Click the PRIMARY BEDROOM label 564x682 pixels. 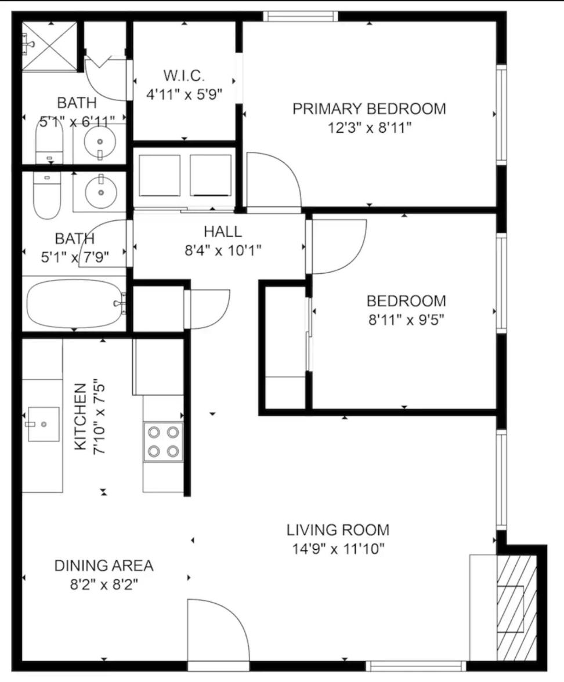pyautogui.click(x=369, y=109)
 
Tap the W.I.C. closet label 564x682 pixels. pyautogui.click(x=184, y=75)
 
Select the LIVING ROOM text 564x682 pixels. pyautogui.click(x=338, y=530)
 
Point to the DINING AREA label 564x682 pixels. pyautogui.click(x=104, y=565)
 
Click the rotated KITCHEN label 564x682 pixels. pyautogui.click(x=81, y=416)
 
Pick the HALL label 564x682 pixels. pyautogui.click(x=223, y=231)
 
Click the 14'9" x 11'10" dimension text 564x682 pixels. pyautogui.click(x=338, y=549)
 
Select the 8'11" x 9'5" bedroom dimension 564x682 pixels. pyautogui.click(x=406, y=320)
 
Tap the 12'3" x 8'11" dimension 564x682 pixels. pyautogui.click(x=369, y=128)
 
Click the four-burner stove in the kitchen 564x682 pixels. pyautogui.click(x=163, y=441)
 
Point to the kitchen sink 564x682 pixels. pyautogui.click(x=43, y=424)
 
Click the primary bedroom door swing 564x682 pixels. pyautogui.click(x=274, y=179)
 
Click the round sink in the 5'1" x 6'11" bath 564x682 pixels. pyautogui.click(x=100, y=142)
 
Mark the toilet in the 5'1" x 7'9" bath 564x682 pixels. pyautogui.click(x=47, y=195)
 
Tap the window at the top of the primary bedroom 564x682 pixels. pyautogui.click(x=301, y=16)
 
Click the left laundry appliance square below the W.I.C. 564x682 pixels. pyautogui.click(x=159, y=175)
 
